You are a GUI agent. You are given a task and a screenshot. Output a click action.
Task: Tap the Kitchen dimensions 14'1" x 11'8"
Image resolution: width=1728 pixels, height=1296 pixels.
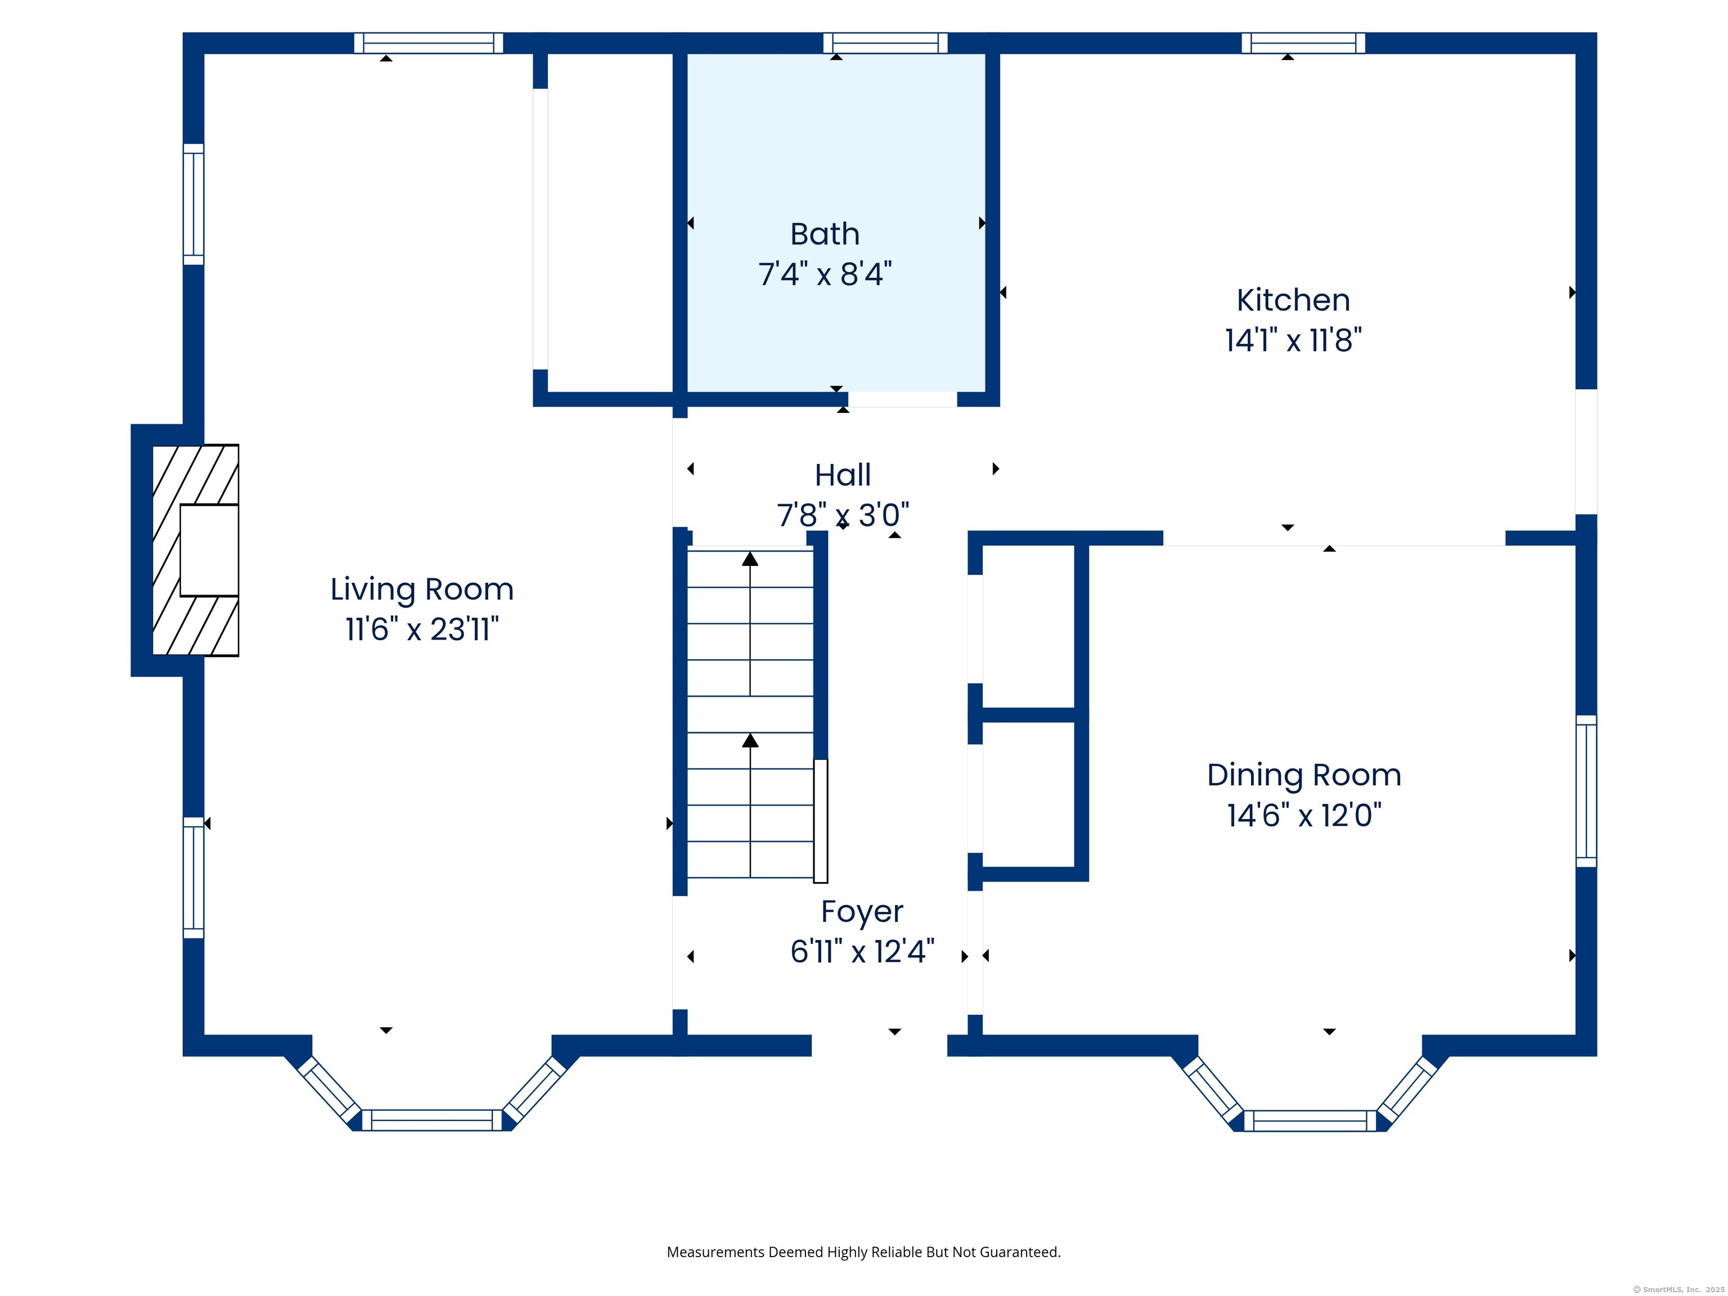(1293, 341)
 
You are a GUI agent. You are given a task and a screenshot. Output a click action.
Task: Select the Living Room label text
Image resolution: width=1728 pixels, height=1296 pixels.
(422, 589)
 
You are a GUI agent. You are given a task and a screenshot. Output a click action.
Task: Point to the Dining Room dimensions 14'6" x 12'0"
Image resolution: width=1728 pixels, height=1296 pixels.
(1304, 816)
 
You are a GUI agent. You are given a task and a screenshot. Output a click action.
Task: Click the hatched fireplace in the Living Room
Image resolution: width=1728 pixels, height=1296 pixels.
(195, 550)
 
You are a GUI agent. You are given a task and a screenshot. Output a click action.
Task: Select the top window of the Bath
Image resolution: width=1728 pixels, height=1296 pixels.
(885, 43)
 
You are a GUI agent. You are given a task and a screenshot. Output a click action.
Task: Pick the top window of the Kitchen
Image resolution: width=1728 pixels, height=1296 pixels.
(1303, 43)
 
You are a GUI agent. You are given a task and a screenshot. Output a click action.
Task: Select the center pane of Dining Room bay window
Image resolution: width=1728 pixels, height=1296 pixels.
(1309, 1120)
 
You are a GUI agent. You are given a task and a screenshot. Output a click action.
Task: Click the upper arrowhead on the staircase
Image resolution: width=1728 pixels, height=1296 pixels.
(750, 559)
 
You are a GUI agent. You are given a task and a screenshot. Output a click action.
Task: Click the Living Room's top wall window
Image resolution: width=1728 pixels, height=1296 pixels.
(428, 43)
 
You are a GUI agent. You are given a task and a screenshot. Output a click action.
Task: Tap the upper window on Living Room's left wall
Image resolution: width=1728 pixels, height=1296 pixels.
(193, 204)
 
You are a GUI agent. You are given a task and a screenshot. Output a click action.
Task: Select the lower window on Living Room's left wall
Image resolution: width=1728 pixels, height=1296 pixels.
(193, 877)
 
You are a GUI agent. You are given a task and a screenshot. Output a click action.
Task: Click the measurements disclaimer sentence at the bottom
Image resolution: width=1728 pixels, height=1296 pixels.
(863, 1252)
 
